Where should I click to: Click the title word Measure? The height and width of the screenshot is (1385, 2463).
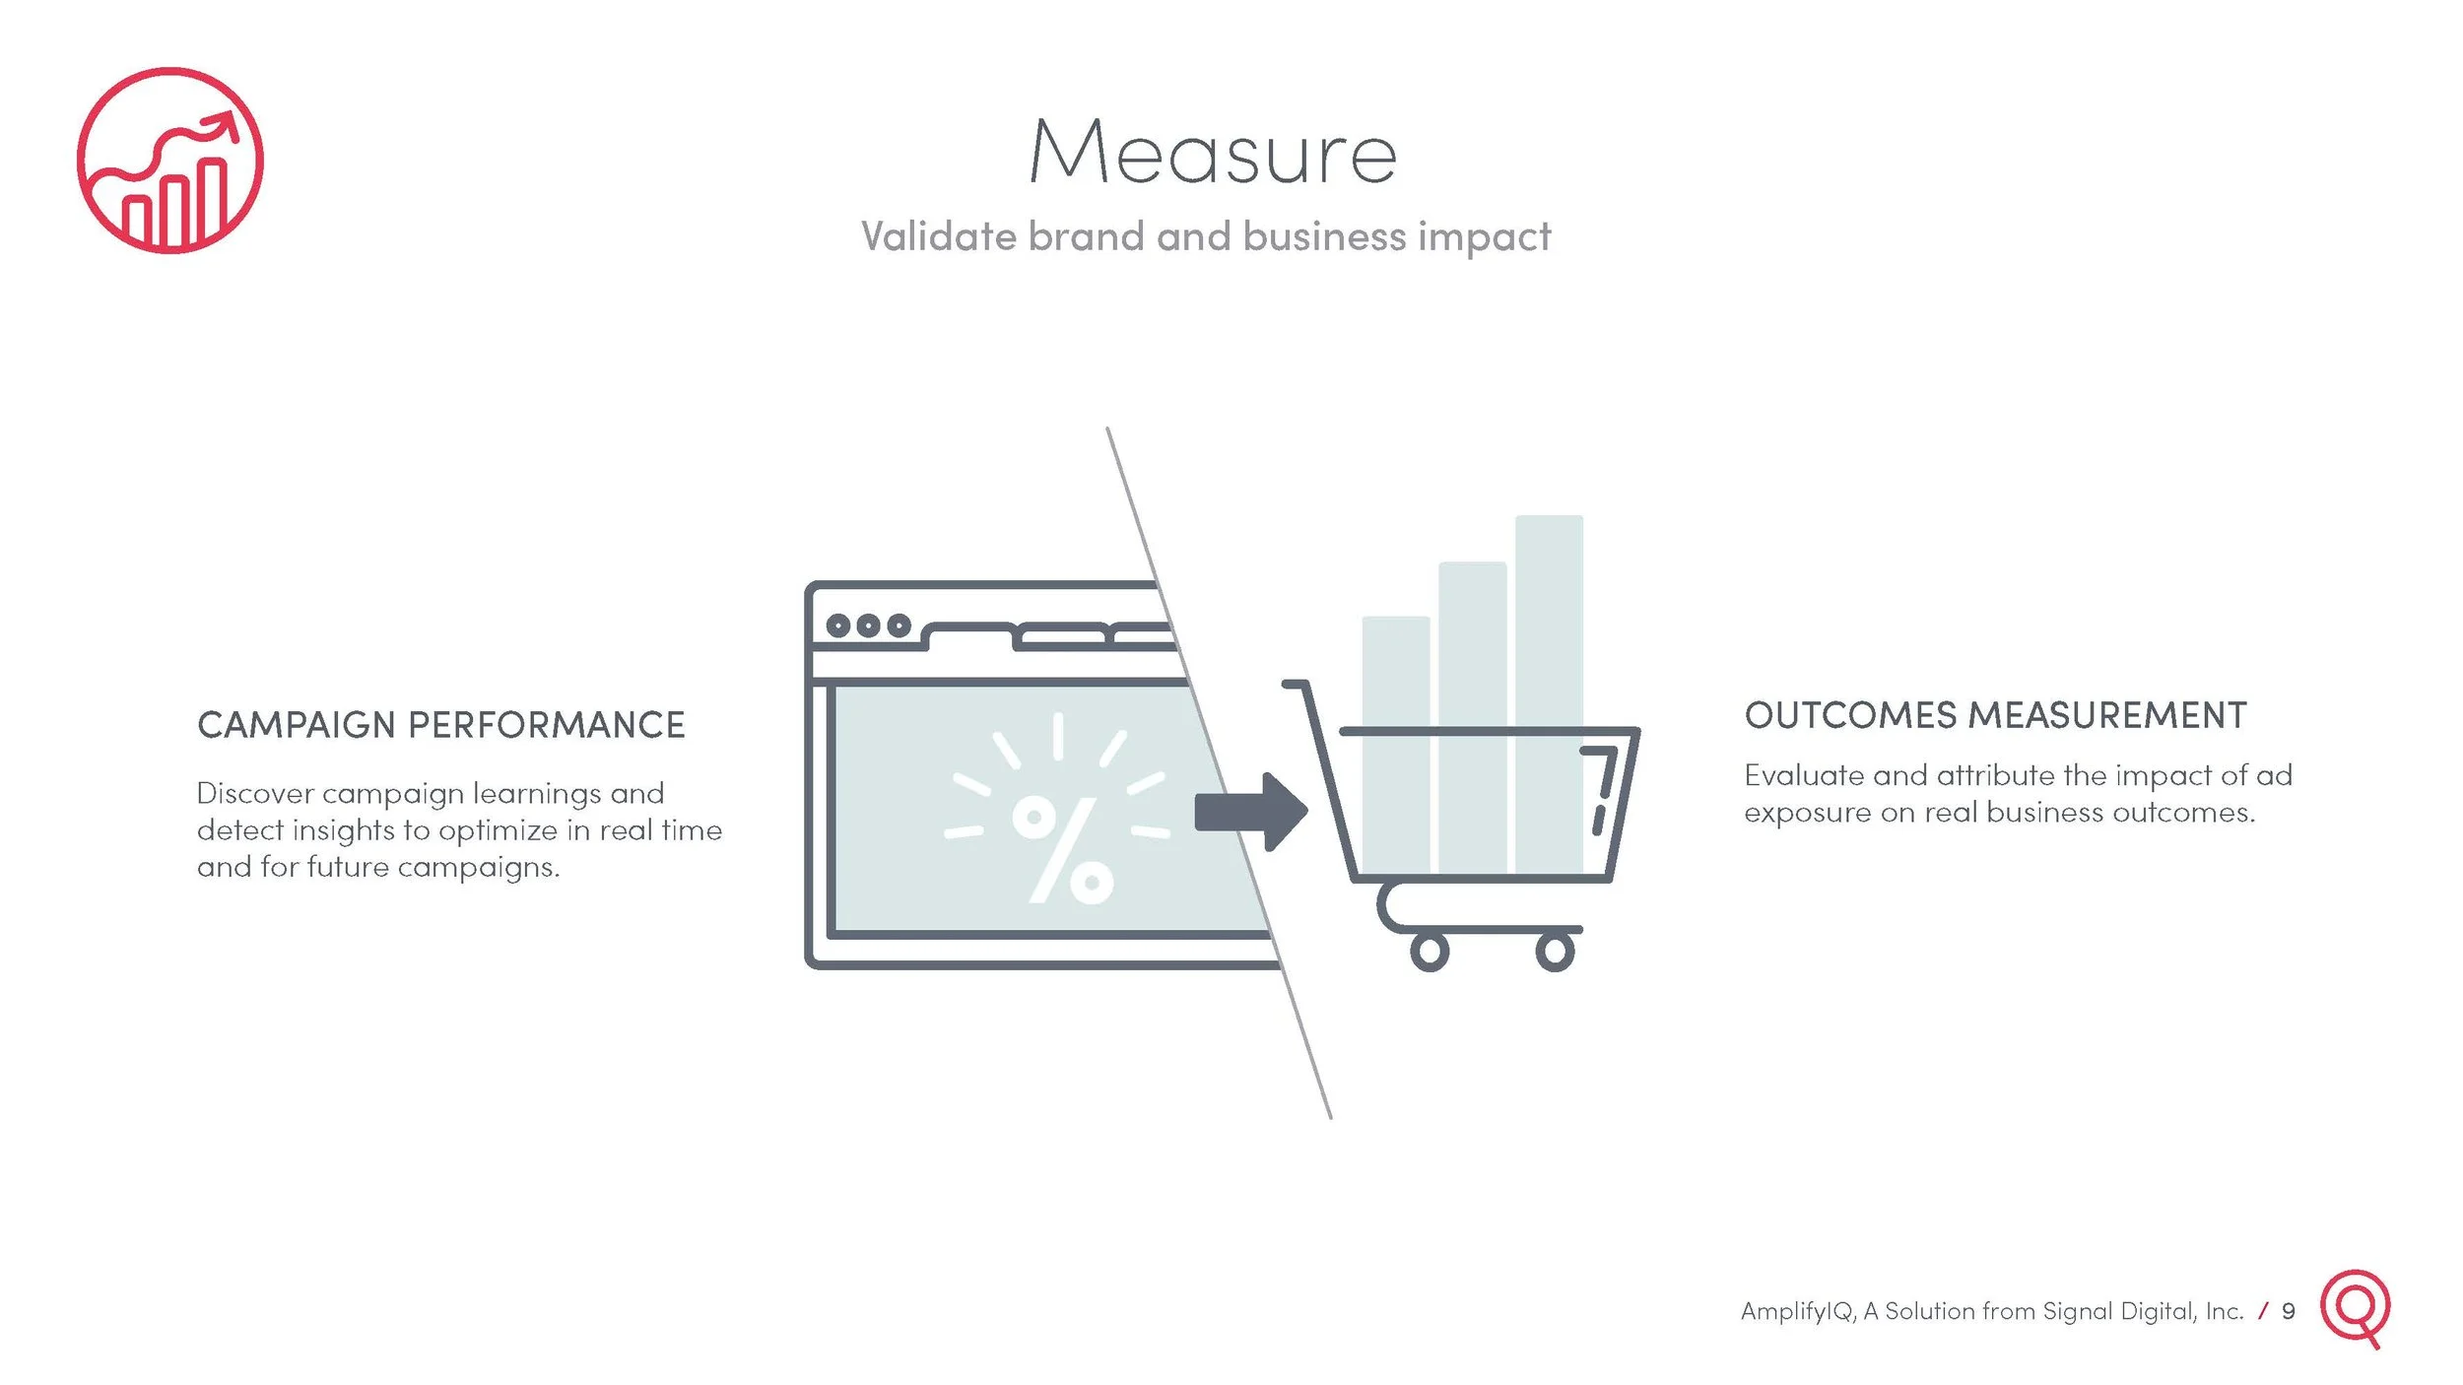point(1213,153)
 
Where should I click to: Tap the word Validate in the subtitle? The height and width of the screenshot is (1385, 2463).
point(938,236)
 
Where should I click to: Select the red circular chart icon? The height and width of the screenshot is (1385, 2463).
point(170,161)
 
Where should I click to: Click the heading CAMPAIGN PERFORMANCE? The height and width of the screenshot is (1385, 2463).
point(440,725)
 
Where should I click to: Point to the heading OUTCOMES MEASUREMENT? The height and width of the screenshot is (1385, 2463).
point(1995,716)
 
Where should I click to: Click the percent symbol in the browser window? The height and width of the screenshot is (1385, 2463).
point(1062,850)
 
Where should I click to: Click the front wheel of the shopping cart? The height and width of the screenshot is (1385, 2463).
point(1555,952)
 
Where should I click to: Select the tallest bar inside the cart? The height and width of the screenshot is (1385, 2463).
point(1549,690)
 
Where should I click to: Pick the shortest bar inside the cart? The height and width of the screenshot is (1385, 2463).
point(1395,744)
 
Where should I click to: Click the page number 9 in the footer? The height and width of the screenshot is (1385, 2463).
point(2288,1312)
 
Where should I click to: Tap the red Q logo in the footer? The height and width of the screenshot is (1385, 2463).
point(2356,1307)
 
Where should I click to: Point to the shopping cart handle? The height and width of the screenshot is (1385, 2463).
point(1297,685)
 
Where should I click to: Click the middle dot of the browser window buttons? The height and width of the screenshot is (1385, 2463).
point(868,626)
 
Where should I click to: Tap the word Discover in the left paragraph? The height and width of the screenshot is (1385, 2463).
point(255,794)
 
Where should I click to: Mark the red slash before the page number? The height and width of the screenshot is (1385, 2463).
point(2263,1311)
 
